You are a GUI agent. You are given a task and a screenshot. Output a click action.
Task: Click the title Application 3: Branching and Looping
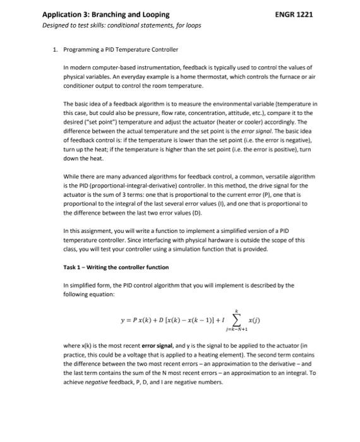click(105, 14)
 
